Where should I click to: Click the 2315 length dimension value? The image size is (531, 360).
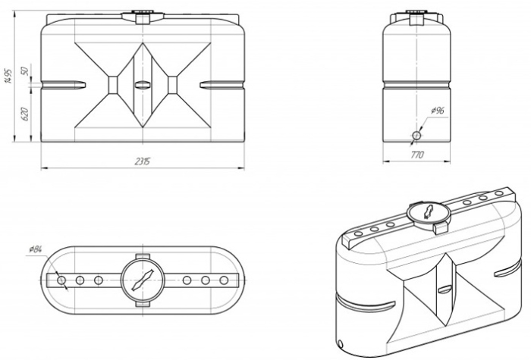tap(143, 161)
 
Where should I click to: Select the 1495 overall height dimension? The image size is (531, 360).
tap(8, 76)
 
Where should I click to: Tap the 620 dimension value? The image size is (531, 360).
tap(25, 114)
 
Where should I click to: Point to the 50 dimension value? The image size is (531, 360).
tap(25, 71)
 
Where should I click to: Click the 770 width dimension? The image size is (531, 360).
tap(417, 155)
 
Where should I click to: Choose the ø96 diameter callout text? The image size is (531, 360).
tap(438, 111)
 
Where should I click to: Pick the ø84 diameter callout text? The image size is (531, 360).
tap(35, 249)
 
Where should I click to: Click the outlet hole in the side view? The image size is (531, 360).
tap(417, 136)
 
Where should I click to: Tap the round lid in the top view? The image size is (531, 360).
tap(143, 281)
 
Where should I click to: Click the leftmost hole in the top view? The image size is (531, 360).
tap(61, 280)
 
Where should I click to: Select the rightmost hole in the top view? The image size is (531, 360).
tap(224, 280)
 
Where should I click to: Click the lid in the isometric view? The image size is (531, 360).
tap(429, 212)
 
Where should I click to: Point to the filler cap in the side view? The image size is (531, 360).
tap(417, 17)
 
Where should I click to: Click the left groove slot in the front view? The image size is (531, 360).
tap(63, 85)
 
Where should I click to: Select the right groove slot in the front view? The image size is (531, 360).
tap(222, 85)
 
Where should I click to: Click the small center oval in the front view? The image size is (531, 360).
tap(143, 85)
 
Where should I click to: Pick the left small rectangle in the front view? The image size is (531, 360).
tap(113, 85)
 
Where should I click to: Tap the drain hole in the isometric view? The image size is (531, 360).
tap(340, 344)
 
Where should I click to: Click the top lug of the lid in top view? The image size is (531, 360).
tap(143, 257)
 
